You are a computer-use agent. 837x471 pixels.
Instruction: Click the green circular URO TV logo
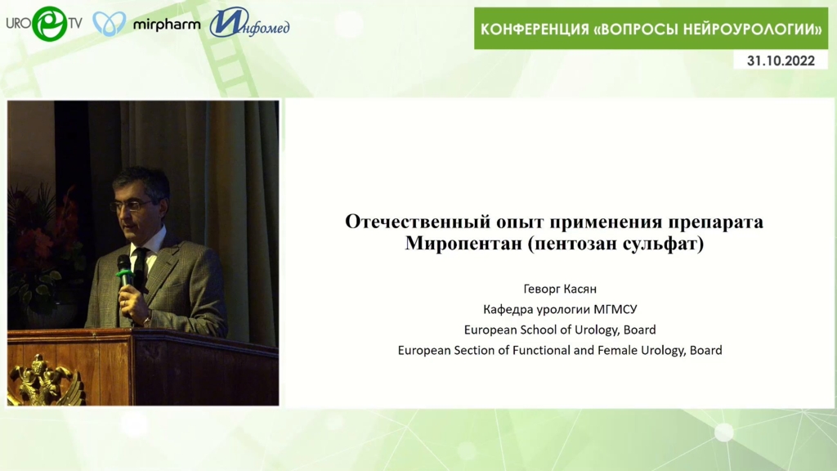pos(50,24)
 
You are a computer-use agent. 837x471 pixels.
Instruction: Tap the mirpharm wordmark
pos(167,25)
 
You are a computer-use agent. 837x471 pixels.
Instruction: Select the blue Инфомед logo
pos(249,23)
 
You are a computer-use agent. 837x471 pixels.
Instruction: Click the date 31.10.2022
pos(781,61)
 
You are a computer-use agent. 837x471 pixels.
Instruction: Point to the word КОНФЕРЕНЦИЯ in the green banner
pos(535,29)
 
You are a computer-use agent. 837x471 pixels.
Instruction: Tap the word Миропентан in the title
pos(463,243)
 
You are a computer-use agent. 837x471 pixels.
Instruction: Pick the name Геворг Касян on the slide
pos(560,289)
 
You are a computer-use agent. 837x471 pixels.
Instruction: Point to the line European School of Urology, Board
pos(560,330)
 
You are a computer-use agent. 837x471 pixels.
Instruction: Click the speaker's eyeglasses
pos(131,205)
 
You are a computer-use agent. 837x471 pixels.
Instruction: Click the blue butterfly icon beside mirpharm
pos(110,24)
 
